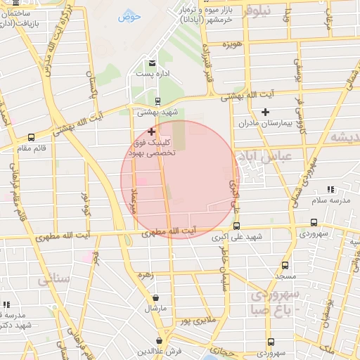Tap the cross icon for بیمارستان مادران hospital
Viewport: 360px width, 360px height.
click(265, 112)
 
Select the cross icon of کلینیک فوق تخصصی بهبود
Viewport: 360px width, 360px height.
click(152, 131)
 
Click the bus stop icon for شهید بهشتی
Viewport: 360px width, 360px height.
click(157, 101)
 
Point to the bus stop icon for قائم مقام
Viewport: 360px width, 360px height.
click(31, 138)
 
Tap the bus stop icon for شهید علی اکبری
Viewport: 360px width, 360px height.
click(236, 226)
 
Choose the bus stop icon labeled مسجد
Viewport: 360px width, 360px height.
click(285, 266)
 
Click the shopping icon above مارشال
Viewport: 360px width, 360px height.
click(155, 298)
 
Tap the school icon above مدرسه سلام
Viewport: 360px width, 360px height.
click(330, 190)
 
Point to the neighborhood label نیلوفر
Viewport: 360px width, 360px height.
click(256, 12)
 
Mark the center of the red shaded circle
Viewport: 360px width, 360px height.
click(179, 179)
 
